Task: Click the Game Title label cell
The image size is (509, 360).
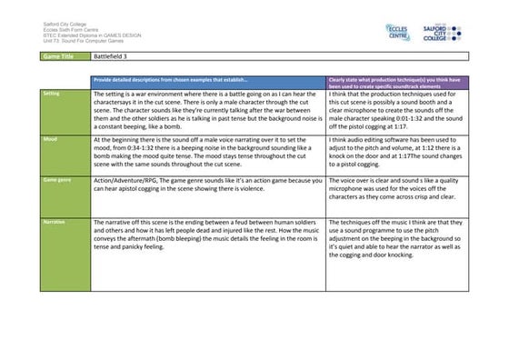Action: (64, 57)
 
